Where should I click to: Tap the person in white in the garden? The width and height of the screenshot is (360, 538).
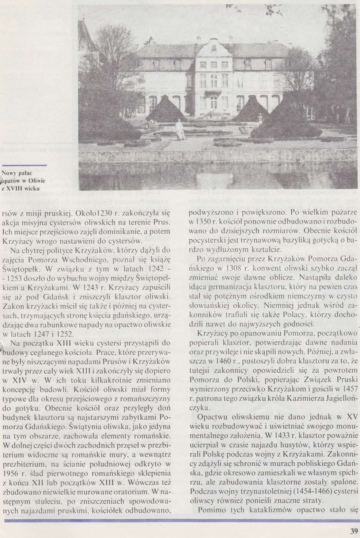[179, 129]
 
